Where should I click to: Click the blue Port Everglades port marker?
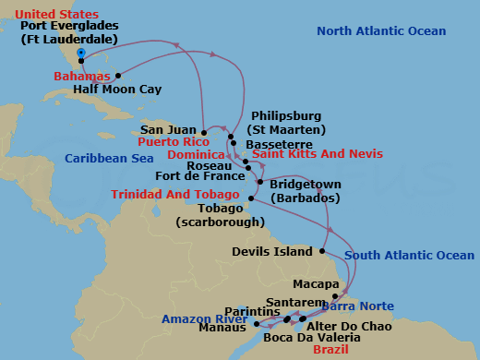click(x=81, y=53)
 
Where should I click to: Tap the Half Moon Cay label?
click(x=118, y=90)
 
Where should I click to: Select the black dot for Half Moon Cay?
click(x=117, y=76)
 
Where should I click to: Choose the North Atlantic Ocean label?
click(x=381, y=31)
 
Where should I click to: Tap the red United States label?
click(x=58, y=14)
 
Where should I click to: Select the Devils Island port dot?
click(x=321, y=250)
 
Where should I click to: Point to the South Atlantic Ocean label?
click(x=410, y=255)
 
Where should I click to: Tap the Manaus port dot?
click(x=256, y=324)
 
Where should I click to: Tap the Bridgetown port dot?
click(x=260, y=182)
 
